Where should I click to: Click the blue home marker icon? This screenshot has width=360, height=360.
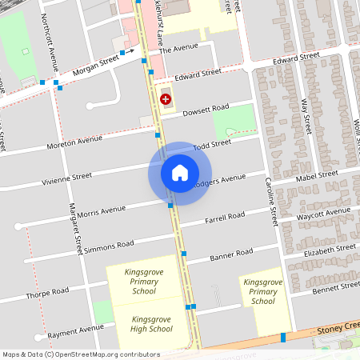tap(180, 173)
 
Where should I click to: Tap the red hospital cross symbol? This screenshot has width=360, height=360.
tap(166, 99)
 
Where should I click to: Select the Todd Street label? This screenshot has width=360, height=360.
tap(211, 144)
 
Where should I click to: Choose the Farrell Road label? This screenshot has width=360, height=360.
tap(225, 217)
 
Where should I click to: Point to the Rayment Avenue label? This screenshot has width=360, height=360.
tap(75, 329)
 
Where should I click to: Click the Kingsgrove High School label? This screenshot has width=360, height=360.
tap(151, 323)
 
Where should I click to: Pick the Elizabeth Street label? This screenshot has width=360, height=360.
tap(329, 249)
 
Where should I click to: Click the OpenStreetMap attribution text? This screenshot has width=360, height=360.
tap(80, 354)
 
